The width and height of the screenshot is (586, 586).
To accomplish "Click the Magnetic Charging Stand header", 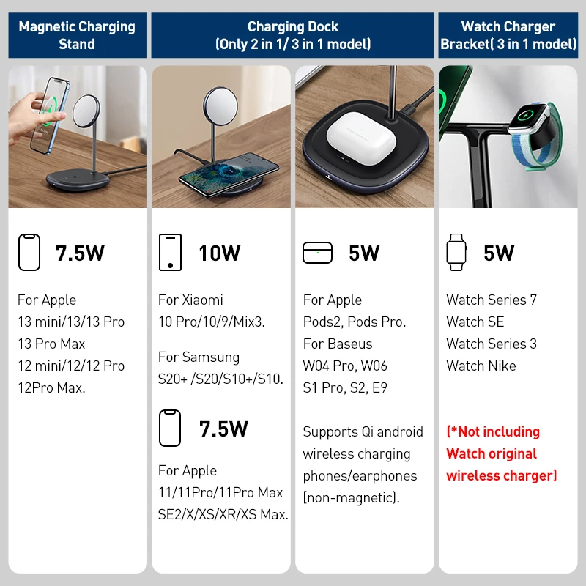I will (77, 35).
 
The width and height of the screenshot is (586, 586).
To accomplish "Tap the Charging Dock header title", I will (293, 35).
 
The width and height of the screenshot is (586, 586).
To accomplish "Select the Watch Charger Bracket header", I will (508, 35).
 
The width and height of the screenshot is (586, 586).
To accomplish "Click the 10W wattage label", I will (219, 253).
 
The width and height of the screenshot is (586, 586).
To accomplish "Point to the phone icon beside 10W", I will (170, 253).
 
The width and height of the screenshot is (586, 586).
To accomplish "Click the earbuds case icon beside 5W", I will (317, 253).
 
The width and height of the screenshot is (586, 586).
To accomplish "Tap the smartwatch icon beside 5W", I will (456, 253).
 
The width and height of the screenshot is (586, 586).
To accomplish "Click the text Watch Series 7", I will (491, 300).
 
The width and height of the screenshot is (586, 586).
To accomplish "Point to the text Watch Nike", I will (481, 366).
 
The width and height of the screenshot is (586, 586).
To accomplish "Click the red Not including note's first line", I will (493, 431).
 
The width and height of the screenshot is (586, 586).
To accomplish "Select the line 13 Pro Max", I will (51, 344).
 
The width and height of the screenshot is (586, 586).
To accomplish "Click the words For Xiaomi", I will (190, 300).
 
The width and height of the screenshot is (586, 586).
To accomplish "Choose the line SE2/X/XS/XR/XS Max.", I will (223, 514).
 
